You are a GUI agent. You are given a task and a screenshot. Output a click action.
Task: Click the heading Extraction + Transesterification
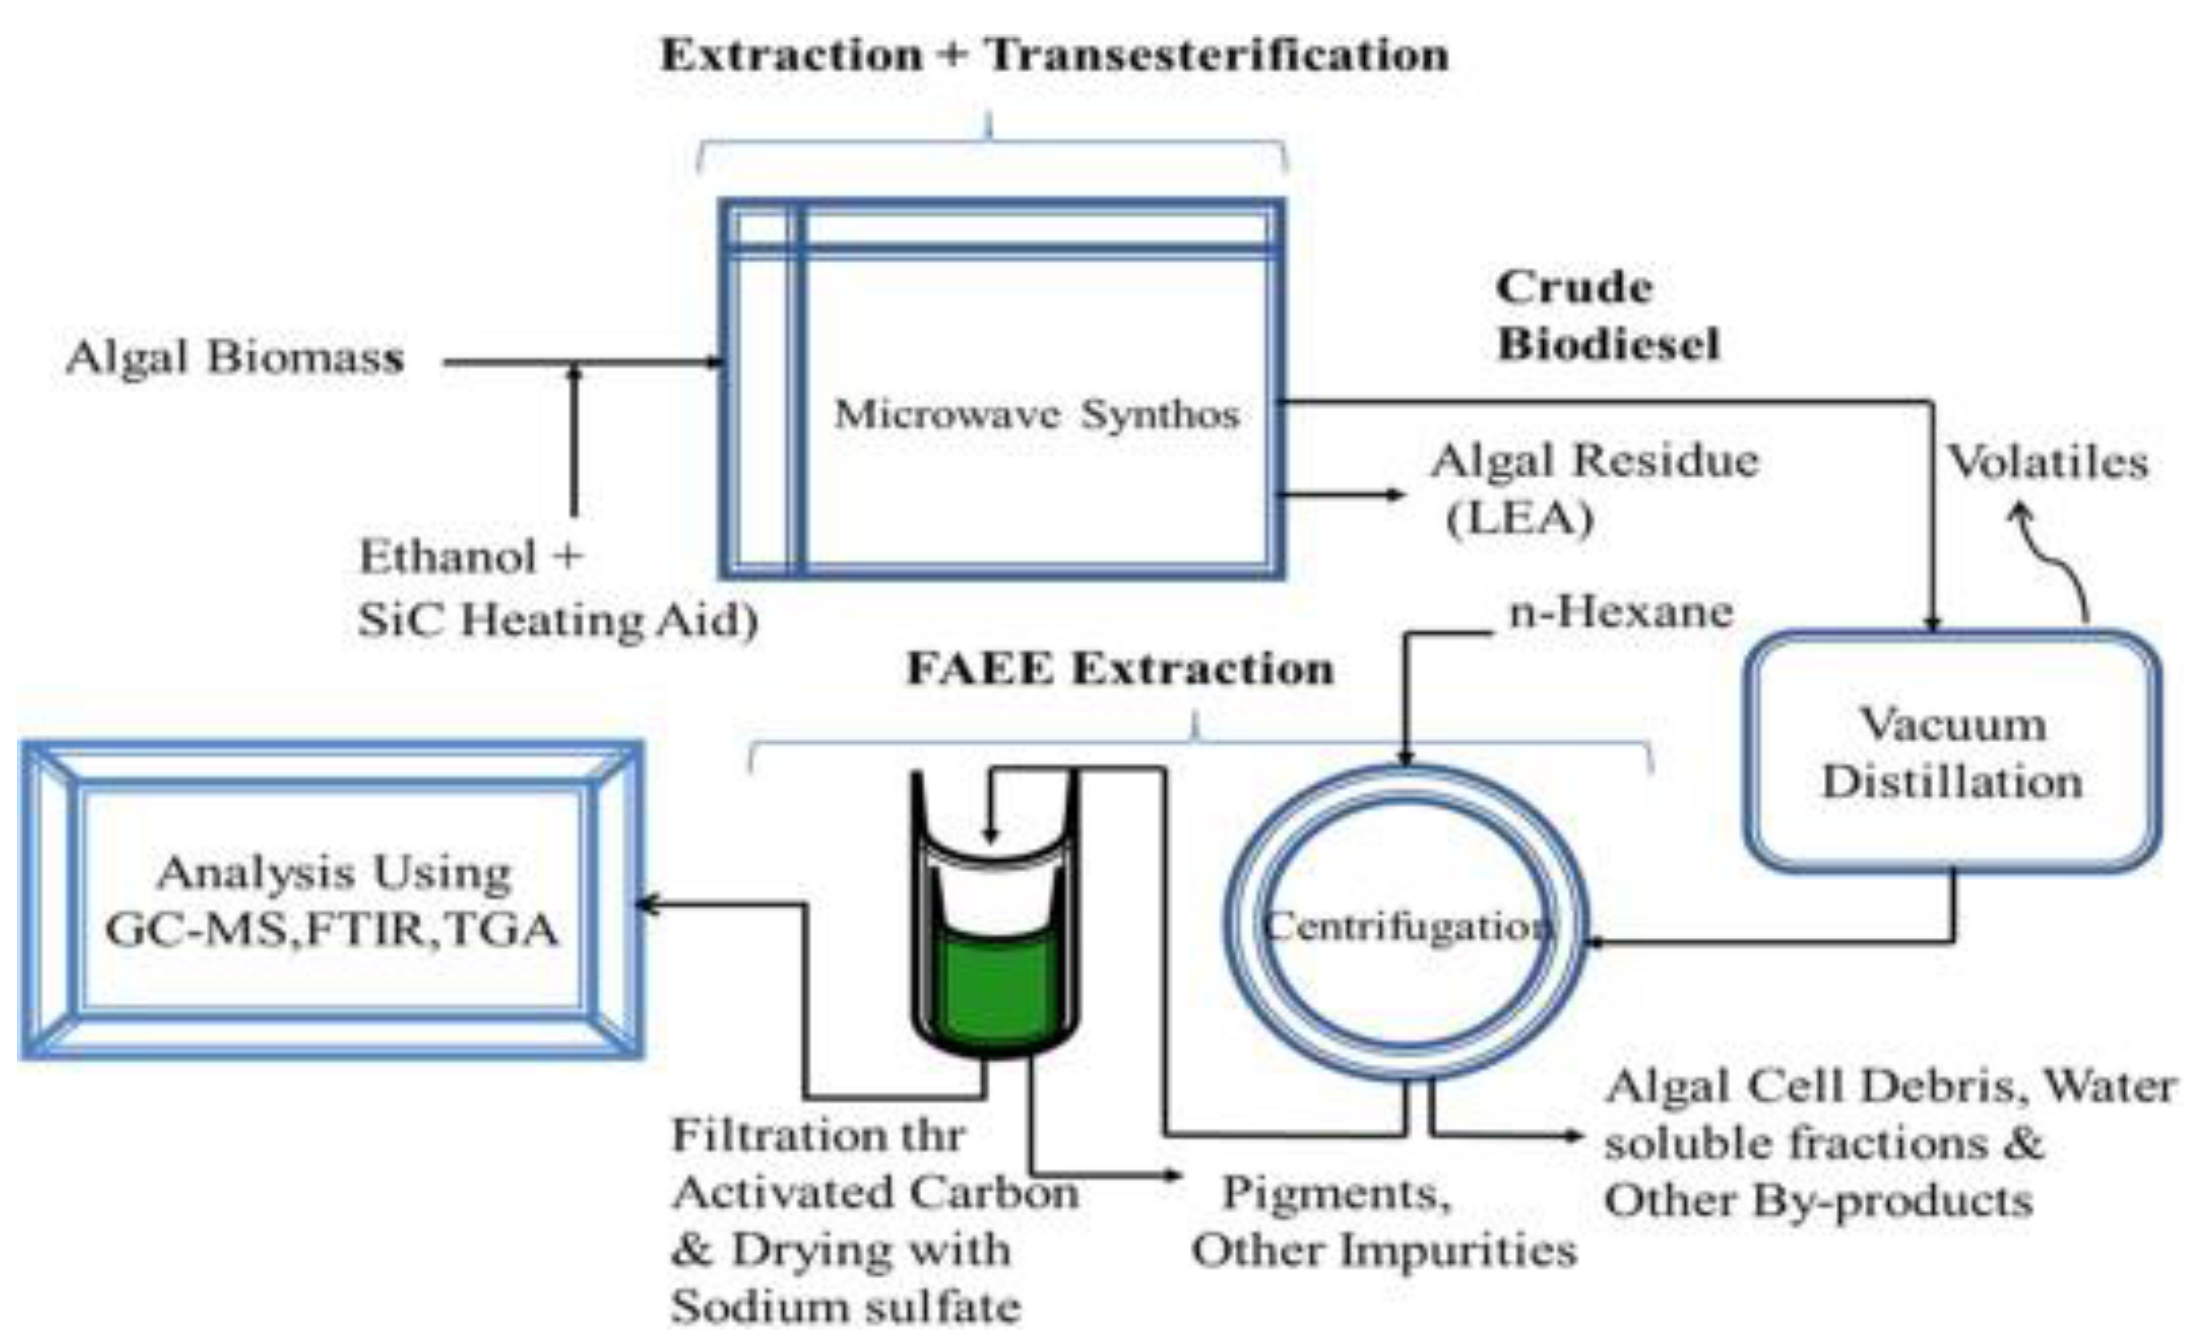pyautogui.click(x=1054, y=55)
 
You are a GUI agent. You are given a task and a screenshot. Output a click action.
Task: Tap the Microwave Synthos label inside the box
pyautogui.click(x=1036, y=414)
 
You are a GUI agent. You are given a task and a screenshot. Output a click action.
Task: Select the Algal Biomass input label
pyautogui.click(x=235, y=358)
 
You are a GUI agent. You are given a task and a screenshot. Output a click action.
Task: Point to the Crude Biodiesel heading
pyautogui.click(x=1607, y=316)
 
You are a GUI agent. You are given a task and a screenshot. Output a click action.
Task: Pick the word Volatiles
pyautogui.click(x=2046, y=462)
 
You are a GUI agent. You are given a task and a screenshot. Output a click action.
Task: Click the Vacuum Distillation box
pyautogui.click(x=1952, y=752)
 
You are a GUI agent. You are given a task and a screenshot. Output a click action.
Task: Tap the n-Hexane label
pyautogui.click(x=1620, y=613)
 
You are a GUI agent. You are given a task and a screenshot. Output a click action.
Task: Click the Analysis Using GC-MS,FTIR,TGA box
pyautogui.click(x=331, y=901)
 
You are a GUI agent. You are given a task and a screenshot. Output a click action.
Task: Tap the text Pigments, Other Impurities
pyautogui.click(x=1383, y=1220)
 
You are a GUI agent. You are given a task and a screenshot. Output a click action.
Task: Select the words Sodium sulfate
pyautogui.click(x=845, y=1307)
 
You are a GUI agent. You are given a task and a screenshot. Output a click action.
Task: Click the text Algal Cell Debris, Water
pyautogui.click(x=1890, y=1087)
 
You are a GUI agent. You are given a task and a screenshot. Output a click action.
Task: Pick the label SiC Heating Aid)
pyautogui.click(x=558, y=620)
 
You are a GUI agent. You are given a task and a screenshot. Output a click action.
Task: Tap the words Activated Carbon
pyautogui.click(x=875, y=1192)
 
